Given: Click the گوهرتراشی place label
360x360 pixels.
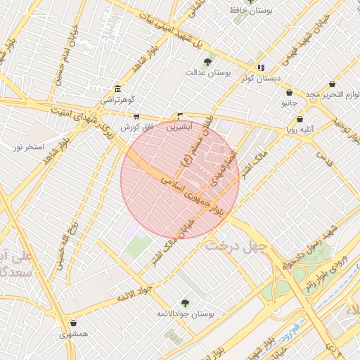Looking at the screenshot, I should [116, 100].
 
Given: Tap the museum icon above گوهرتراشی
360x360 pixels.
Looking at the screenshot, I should [117, 89].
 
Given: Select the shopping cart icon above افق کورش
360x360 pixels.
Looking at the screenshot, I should [136, 117].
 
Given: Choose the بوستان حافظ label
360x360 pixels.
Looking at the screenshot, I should [252, 11].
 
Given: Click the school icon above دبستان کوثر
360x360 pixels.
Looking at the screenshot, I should [261, 67].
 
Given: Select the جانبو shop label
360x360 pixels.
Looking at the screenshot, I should [290, 103].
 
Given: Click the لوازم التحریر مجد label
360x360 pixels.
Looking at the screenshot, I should [332, 94].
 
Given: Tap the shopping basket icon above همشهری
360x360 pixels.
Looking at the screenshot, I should [74, 323].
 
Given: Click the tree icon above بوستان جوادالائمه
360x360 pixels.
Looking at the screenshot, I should [185, 302].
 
